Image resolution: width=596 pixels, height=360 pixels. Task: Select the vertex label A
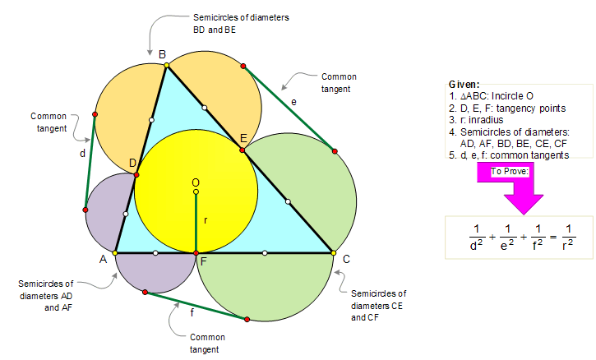104,259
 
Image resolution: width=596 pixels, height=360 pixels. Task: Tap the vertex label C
346,259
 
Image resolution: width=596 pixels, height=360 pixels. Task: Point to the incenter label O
195,182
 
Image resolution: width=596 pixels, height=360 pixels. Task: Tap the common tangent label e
293,100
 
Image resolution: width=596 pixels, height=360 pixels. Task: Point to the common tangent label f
191,312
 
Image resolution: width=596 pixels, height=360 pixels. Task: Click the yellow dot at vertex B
166,64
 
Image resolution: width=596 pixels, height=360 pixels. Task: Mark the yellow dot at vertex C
334,252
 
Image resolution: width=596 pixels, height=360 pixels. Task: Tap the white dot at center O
196,192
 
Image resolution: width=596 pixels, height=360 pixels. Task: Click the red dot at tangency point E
243,150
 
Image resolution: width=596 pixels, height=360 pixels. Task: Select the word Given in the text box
464,85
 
